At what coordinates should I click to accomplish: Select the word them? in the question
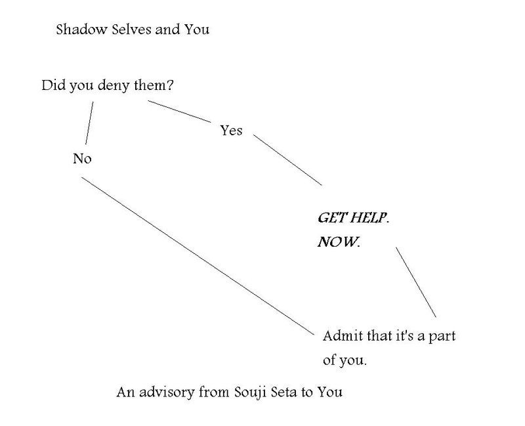pos(154,85)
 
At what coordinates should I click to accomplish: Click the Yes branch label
pos(231,130)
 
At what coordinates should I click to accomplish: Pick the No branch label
pos(82,158)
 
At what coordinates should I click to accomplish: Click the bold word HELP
pos(369,218)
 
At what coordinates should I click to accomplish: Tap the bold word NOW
pos(339,242)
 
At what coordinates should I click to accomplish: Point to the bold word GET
pos(331,218)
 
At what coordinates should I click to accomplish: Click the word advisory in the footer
pos(167,392)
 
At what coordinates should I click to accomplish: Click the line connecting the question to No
pos(89,123)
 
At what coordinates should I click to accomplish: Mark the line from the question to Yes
pos(179,111)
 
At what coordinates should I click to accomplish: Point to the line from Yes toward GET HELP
pos(287,160)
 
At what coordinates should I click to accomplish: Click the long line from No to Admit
pos(198,256)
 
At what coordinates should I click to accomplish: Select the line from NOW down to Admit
pos(416,282)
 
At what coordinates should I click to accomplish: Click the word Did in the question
pos(53,85)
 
